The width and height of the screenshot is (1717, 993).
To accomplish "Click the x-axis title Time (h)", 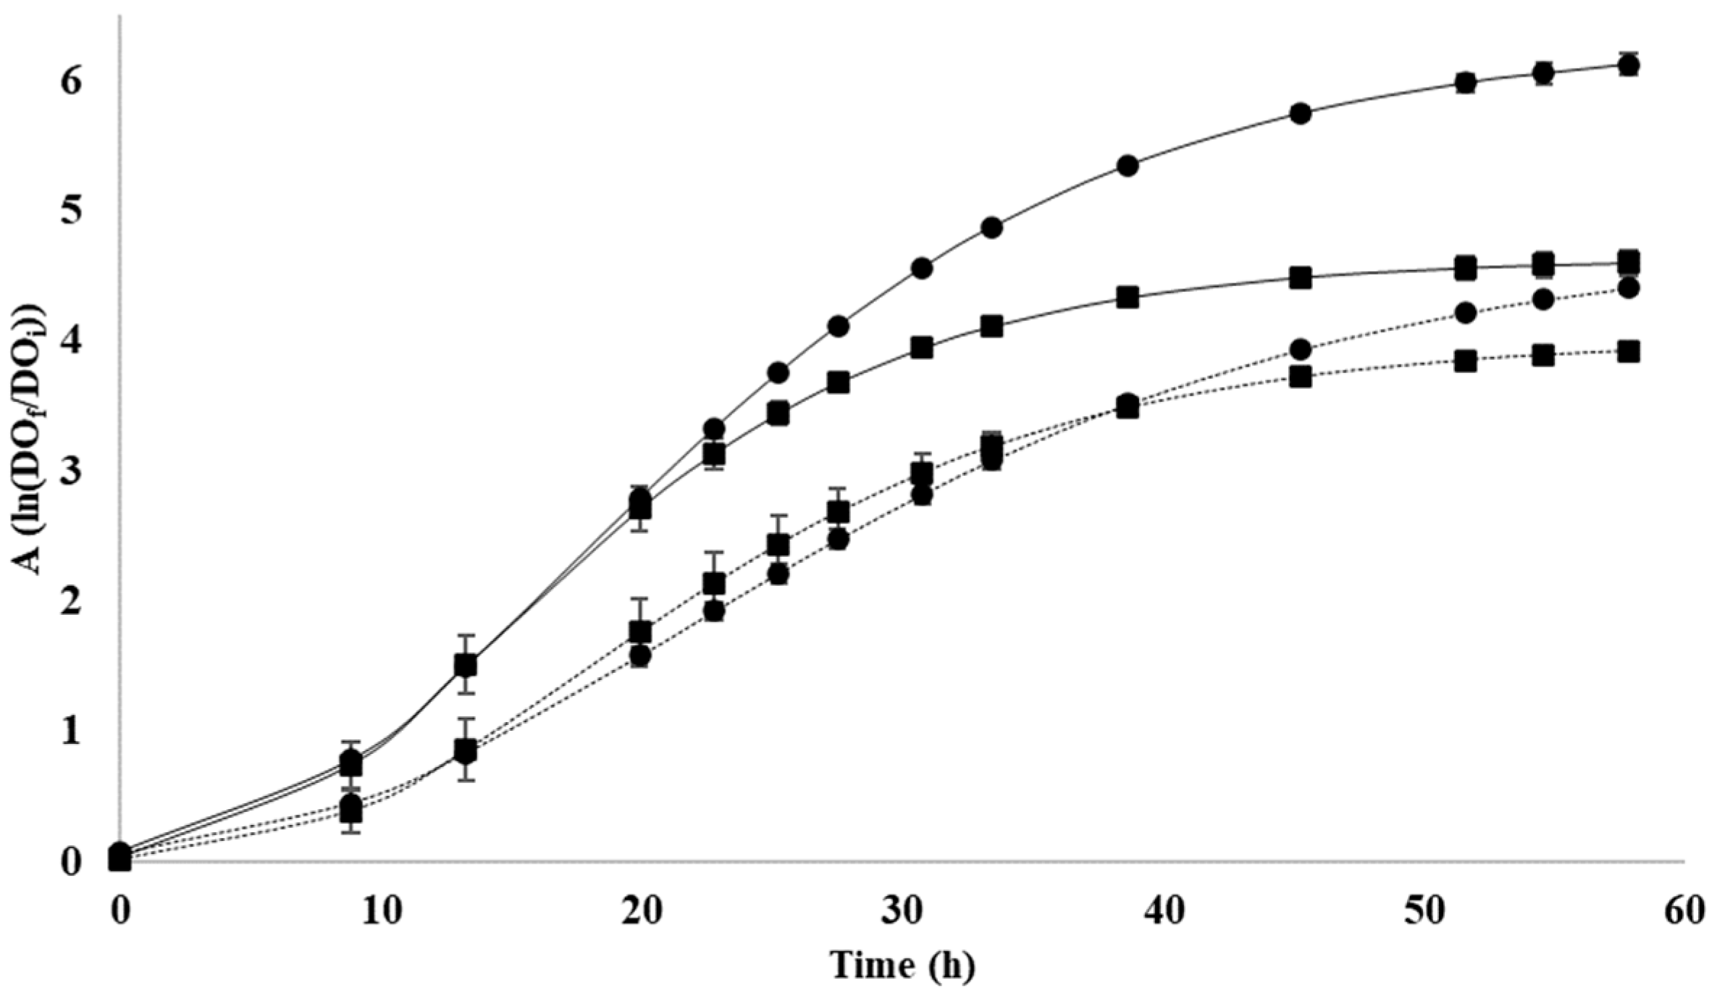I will tap(902, 965).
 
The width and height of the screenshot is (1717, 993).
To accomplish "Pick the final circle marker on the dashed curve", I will tap(1629, 288).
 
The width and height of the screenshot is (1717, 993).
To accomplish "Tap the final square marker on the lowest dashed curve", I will tap(1629, 352).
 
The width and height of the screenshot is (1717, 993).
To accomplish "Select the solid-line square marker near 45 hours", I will tap(1301, 278).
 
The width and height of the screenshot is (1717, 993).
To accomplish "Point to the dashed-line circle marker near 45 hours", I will tap(1301, 350).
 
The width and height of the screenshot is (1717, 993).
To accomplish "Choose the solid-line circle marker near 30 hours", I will tap(922, 269).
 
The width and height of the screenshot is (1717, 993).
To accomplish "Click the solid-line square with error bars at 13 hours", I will tap(466, 664).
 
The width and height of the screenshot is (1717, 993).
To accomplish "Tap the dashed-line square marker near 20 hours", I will tap(639, 632).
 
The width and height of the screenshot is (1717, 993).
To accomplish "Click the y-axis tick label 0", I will tap(70, 862).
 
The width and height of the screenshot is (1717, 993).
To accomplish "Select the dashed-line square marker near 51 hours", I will tap(1466, 361).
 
